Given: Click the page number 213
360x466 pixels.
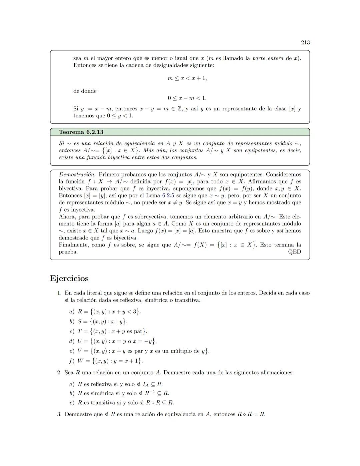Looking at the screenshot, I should (305, 42).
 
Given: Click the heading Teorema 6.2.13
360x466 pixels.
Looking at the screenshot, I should (81, 132).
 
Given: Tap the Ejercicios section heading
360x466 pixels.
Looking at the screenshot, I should (69, 278).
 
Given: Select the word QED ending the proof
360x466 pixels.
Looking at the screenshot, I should (294, 252).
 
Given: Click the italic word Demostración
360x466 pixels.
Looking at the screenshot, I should (77, 174).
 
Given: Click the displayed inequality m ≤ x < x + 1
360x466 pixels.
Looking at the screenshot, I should (187, 78).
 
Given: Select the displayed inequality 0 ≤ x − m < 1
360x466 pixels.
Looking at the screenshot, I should (187, 98).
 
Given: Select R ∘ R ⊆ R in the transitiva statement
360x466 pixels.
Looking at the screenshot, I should (160, 403).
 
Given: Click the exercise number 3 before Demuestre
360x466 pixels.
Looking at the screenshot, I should (59, 414).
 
